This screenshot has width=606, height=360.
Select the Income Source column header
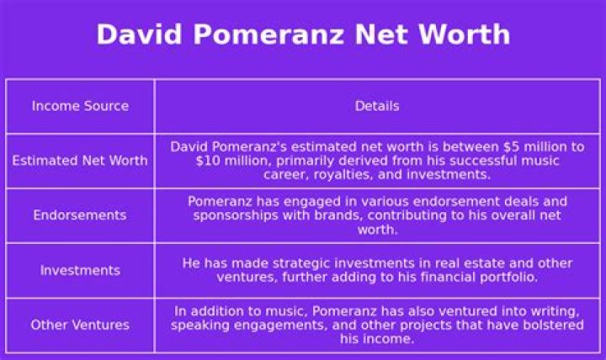(80, 106)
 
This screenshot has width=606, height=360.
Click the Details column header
(376, 106)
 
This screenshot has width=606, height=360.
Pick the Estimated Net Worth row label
(80, 161)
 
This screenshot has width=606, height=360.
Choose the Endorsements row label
(80, 215)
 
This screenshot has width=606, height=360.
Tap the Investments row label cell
(80, 270)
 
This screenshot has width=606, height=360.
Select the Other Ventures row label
(80, 325)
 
